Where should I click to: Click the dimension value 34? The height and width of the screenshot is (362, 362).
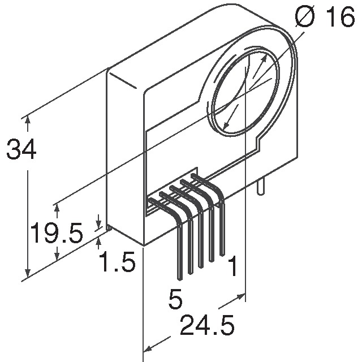tap(21, 150)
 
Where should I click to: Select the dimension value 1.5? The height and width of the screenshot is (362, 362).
tap(117, 262)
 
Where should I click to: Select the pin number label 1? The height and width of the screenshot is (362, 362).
tap(231, 268)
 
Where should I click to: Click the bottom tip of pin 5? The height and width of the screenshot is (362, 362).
tap(180, 278)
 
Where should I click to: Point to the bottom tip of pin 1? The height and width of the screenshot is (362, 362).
tap(222, 252)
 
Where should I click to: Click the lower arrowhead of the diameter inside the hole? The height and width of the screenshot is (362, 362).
tap(227, 124)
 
